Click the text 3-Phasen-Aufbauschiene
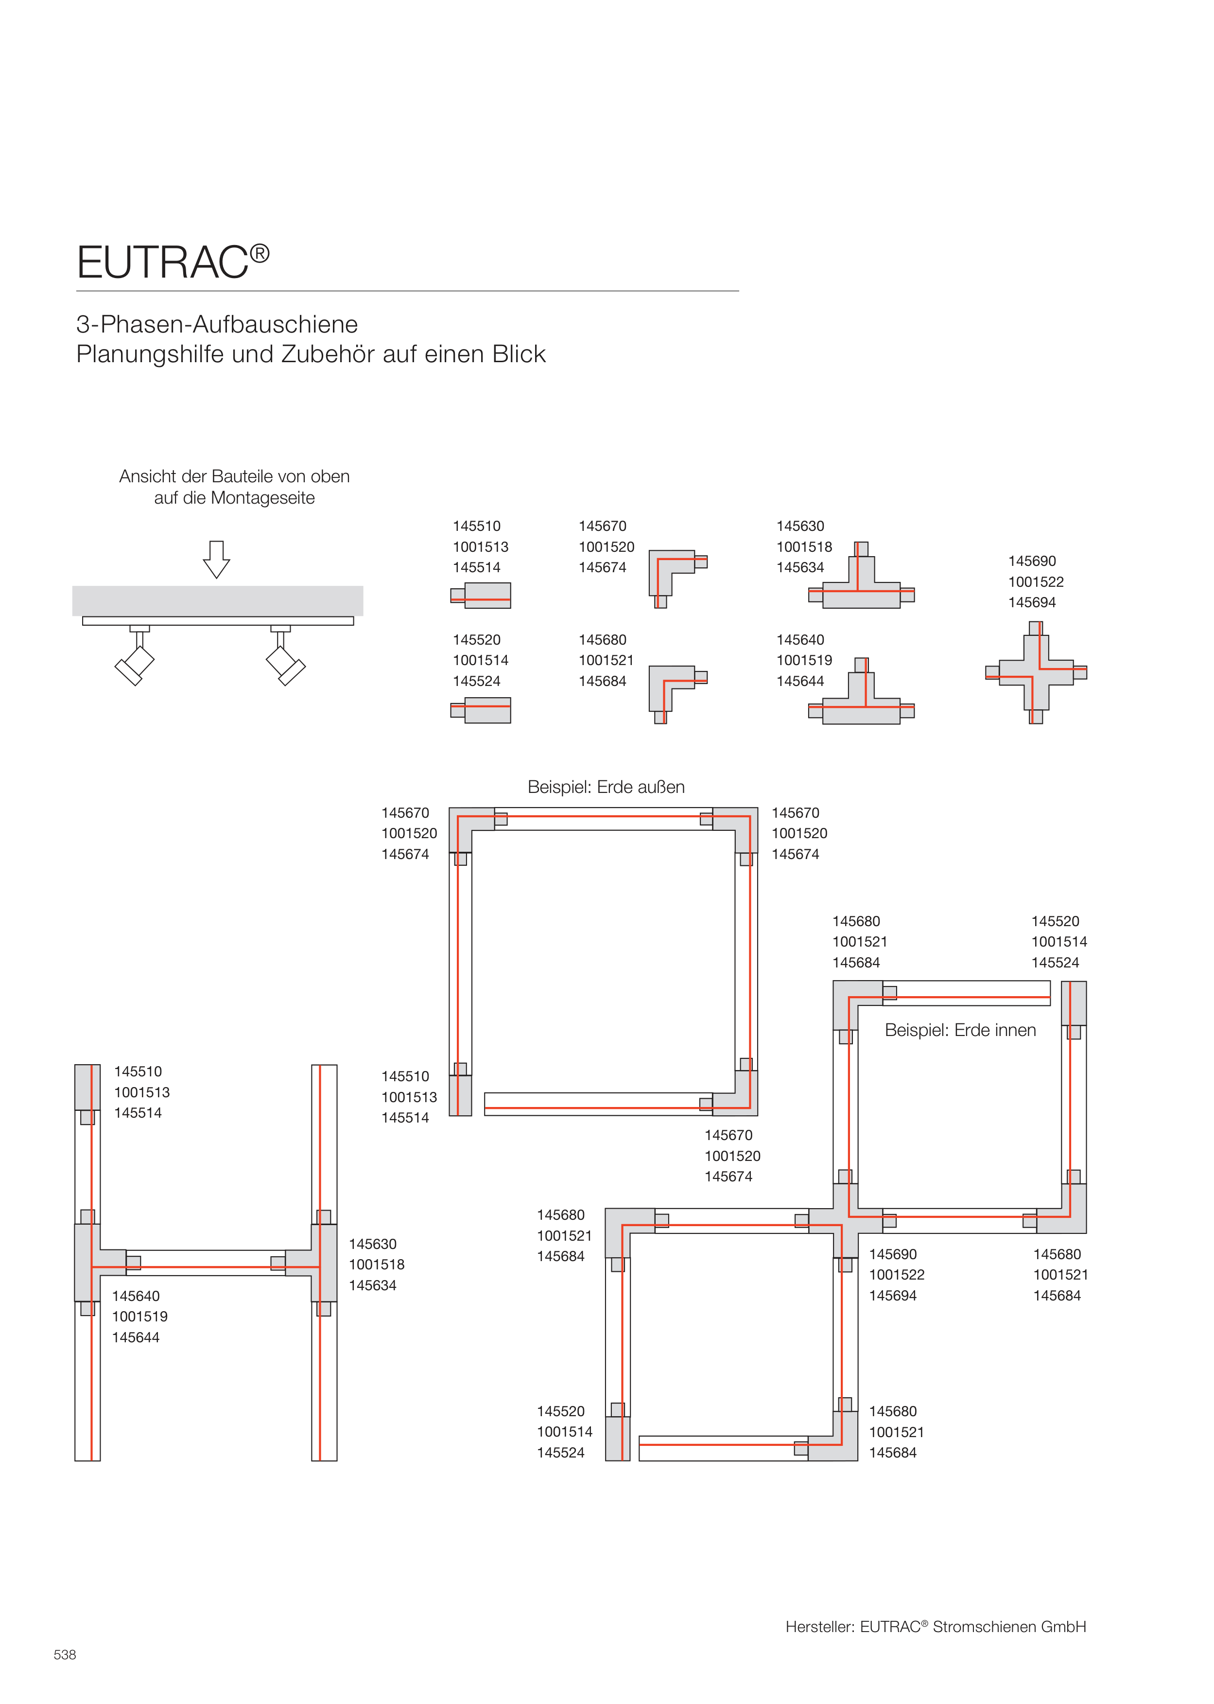(x=217, y=324)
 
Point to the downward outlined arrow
(x=217, y=559)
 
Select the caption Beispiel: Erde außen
(x=606, y=787)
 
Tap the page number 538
(x=65, y=1654)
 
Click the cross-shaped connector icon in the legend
(x=1036, y=672)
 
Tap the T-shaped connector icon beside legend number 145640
(x=861, y=695)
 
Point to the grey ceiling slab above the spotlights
(x=218, y=600)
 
